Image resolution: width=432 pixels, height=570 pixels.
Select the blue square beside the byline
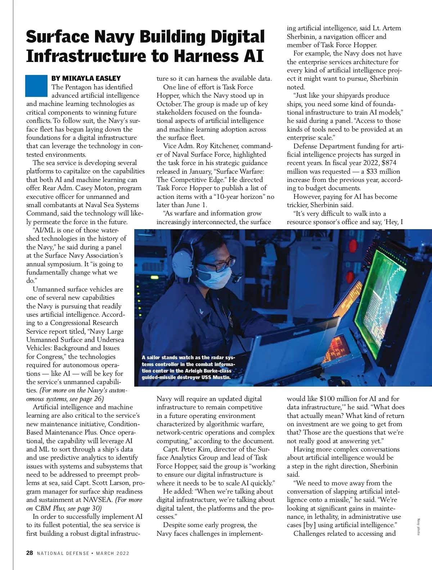(36, 86)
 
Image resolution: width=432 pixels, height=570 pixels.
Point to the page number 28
(30, 553)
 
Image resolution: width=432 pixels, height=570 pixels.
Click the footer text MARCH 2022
(113, 553)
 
